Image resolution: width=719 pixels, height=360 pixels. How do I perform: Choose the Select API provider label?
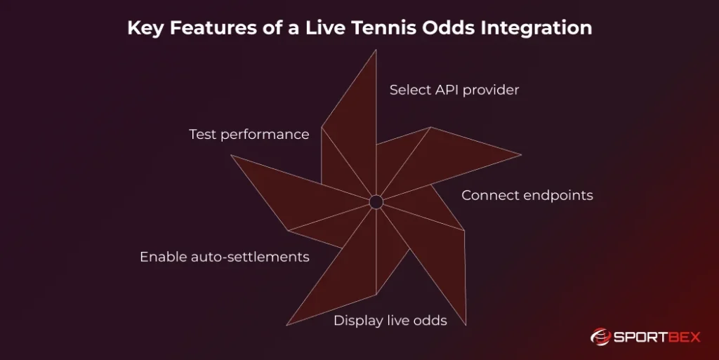[454, 90]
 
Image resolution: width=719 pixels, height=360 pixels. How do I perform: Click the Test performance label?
[249, 134]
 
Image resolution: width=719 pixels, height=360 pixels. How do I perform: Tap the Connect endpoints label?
[527, 195]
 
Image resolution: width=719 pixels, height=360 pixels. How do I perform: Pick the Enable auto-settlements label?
[224, 257]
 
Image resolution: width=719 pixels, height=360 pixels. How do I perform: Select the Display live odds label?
[390, 321]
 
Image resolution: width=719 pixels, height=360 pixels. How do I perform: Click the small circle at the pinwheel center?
[376, 202]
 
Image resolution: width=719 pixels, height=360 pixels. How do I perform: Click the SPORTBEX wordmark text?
[658, 338]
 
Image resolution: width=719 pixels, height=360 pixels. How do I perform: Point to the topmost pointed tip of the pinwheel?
[376, 51]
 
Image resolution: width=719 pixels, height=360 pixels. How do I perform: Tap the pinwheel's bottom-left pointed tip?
[287, 324]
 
